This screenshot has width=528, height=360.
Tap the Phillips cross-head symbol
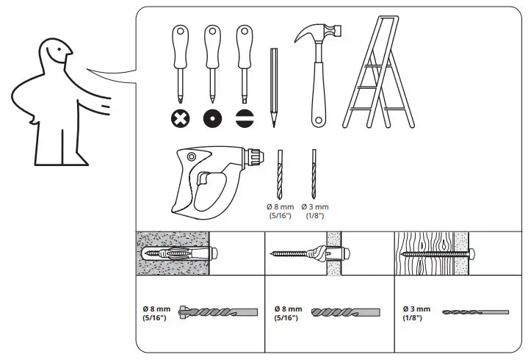click(x=180, y=118)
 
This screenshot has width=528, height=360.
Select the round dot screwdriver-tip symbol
click(x=212, y=118)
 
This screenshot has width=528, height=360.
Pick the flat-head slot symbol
click(x=245, y=118)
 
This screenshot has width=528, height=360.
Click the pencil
click(x=273, y=84)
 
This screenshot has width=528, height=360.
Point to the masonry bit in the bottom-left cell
click(x=220, y=312)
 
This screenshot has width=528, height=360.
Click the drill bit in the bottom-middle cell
click(x=345, y=312)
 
